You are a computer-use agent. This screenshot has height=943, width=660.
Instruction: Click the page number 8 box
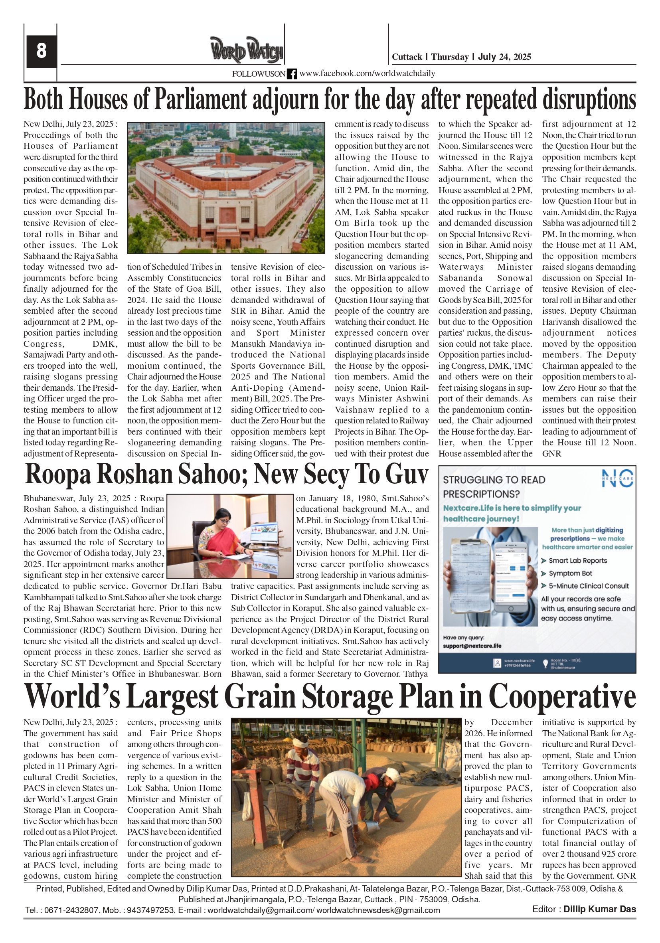click(x=41, y=51)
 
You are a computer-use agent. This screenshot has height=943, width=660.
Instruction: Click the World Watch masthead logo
click(x=247, y=51)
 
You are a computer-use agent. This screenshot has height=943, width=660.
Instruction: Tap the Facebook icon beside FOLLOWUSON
click(x=292, y=74)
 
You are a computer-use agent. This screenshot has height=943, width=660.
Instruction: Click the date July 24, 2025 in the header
click(x=504, y=57)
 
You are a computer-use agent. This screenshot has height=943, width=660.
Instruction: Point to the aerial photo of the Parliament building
click(x=226, y=188)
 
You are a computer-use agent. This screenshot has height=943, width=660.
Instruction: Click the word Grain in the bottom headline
click(x=261, y=698)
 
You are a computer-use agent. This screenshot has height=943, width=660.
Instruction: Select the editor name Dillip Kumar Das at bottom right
click(x=599, y=909)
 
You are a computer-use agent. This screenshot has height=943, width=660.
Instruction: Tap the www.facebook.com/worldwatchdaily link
click(x=367, y=73)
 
